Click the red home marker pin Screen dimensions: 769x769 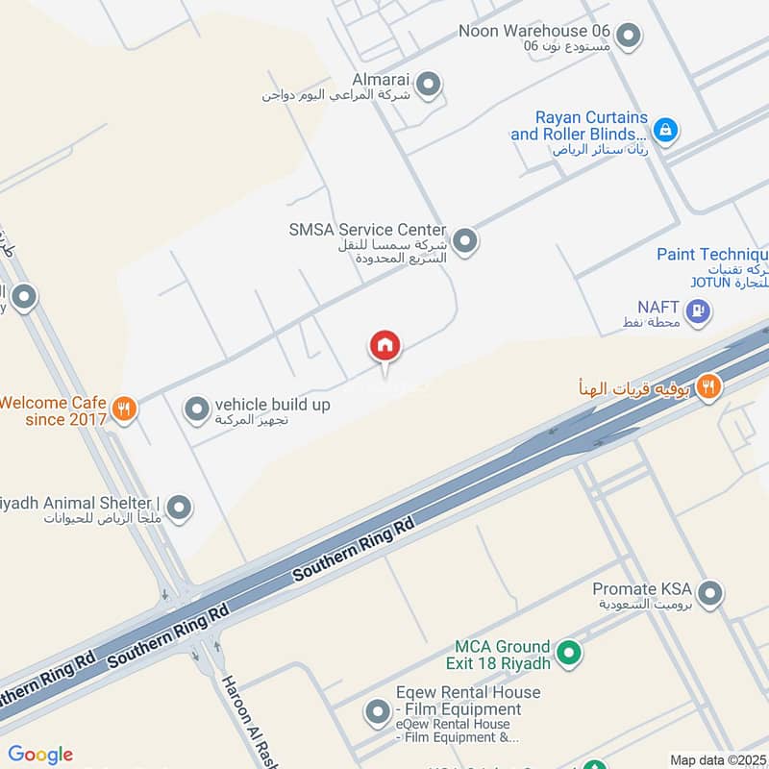(x=384, y=346)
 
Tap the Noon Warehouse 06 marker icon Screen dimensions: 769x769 (x=628, y=37)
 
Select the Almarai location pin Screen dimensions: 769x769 (x=430, y=85)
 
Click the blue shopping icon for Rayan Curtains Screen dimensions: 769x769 (x=664, y=129)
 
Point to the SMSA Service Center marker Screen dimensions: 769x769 (x=465, y=240)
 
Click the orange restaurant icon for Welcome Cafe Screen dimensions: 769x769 (x=124, y=408)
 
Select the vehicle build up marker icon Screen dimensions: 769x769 (x=197, y=409)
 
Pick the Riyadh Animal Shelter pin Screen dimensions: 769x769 (x=179, y=507)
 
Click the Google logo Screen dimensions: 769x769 (x=40, y=755)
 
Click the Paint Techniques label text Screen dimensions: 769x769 (x=711, y=255)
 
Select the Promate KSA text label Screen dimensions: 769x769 (x=641, y=588)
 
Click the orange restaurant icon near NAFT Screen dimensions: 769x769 (x=709, y=386)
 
